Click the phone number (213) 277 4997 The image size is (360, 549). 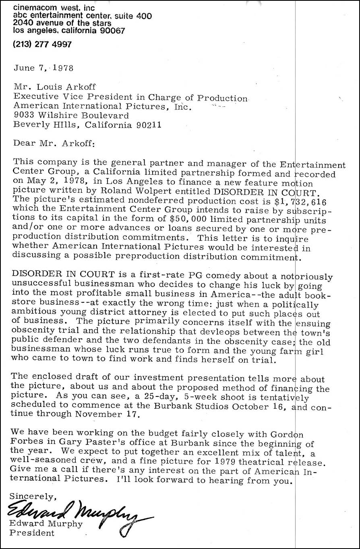42,45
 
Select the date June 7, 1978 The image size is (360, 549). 43,68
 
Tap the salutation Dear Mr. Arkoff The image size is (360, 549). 54,142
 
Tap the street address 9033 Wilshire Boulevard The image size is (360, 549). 71,116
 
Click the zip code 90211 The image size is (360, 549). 147,125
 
